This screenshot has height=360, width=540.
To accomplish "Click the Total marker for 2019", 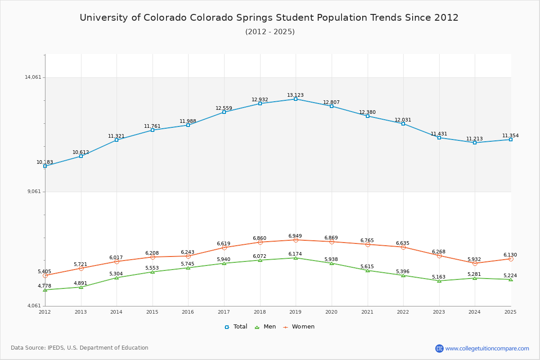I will coord(296,99).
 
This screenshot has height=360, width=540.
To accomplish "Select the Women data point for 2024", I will coord(475,263).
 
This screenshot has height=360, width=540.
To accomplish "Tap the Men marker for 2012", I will coord(45,290).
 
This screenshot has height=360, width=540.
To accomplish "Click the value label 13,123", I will coord(295,95).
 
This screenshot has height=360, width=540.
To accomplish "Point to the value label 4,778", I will coord(45,286).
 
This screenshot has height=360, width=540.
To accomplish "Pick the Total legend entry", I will coord(236,327).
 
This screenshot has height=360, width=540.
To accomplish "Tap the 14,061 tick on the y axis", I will coord(33,77).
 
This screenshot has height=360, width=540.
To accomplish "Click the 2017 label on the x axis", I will coord(224,312).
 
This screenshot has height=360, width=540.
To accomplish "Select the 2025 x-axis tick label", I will coord(510,312).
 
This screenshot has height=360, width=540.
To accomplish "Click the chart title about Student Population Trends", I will coord(269,18).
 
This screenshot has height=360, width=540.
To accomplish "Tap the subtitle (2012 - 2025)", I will coord(270,32).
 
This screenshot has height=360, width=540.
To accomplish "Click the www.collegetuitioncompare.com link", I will coord(487,348).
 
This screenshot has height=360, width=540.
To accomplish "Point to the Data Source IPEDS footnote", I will coord(80,348).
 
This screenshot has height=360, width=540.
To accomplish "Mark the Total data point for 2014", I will coord(117,140).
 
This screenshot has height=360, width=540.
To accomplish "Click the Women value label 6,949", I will coord(295,236).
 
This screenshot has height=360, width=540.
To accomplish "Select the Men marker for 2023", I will coord(439,281).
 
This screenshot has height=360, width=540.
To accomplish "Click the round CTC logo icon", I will coord(439,348).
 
